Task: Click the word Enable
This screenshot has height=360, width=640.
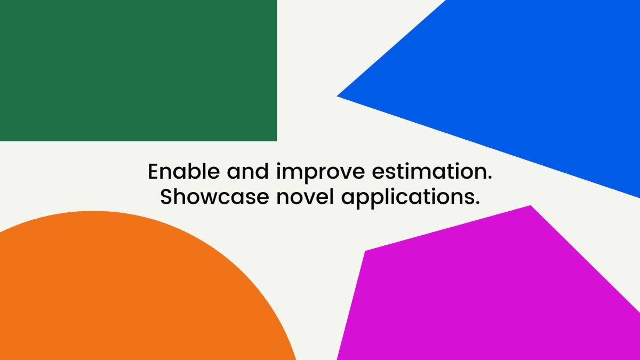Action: pos(184,171)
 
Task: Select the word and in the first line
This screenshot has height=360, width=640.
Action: pos(247,171)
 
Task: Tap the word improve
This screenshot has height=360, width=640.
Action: pos(321,173)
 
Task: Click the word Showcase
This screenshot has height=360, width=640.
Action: pos(214,197)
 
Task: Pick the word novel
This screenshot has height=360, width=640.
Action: pos(305,197)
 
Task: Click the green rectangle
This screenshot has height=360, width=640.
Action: pos(138,70)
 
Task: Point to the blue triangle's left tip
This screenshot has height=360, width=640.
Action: pos(338,97)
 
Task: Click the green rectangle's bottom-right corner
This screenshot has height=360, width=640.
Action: pos(277,141)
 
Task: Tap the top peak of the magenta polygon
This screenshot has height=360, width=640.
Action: pos(531,205)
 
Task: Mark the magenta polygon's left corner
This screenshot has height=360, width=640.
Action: pos(365,251)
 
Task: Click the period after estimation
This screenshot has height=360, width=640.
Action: pos(490,178)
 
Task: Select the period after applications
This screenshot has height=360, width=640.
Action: pos(477,203)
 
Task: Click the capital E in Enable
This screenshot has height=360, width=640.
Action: pos(154,171)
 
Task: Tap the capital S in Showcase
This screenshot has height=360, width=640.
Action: pos(166,197)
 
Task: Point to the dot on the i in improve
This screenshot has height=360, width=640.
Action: pos(278,164)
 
